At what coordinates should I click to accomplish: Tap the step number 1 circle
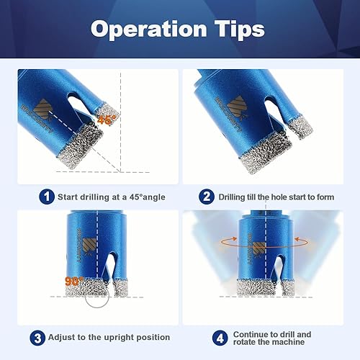pyautogui.click(x=47, y=197)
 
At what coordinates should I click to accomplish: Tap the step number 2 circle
pyautogui.click(x=207, y=197)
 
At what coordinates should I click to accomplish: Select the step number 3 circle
pyautogui.click(x=37, y=338)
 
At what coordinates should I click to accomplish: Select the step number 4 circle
pyautogui.click(x=220, y=338)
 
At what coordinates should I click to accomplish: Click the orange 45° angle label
pyautogui.click(x=107, y=120)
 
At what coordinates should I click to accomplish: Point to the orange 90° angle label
pyautogui.click(x=74, y=282)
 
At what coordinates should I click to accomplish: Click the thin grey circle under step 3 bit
pyautogui.click(x=86, y=297)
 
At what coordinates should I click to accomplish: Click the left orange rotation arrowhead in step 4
pyautogui.click(x=234, y=238)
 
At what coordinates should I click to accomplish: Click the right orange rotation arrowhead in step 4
pyautogui.click(x=297, y=239)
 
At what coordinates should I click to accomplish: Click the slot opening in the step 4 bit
pyautogui.click(x=277, y=268)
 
